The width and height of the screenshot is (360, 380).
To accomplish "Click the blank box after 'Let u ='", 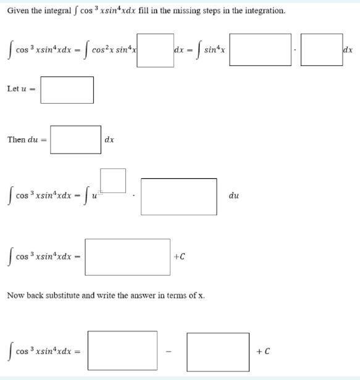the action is [67, 90].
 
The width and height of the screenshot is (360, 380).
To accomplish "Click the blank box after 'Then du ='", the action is [76, 140].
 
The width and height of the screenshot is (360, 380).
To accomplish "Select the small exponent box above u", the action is [112, 180].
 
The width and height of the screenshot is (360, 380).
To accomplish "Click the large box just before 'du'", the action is [179, 196].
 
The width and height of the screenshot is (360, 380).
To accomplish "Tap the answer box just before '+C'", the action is [127, 257].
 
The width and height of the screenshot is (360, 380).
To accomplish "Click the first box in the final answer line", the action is [122, 351].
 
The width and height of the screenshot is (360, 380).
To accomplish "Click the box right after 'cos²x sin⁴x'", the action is [155, 50].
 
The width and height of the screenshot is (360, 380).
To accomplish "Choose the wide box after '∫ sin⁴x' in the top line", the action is [260, 50].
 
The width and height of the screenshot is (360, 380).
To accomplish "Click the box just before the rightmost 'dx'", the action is [321, 50].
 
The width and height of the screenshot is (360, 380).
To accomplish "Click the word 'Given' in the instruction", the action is [19, 10].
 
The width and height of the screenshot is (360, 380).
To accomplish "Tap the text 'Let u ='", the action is [22, 89].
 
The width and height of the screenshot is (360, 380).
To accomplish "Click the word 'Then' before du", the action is [16, 139].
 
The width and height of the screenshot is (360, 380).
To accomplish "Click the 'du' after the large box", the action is [233, 196].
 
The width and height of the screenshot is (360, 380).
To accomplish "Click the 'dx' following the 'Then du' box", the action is [109, 140].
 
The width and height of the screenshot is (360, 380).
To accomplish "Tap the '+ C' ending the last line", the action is [263, 351].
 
